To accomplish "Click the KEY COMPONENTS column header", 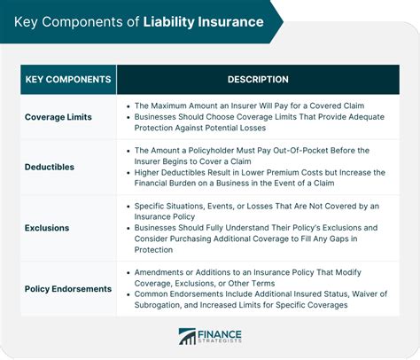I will [67, 80].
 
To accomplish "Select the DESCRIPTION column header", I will [258, 80].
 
